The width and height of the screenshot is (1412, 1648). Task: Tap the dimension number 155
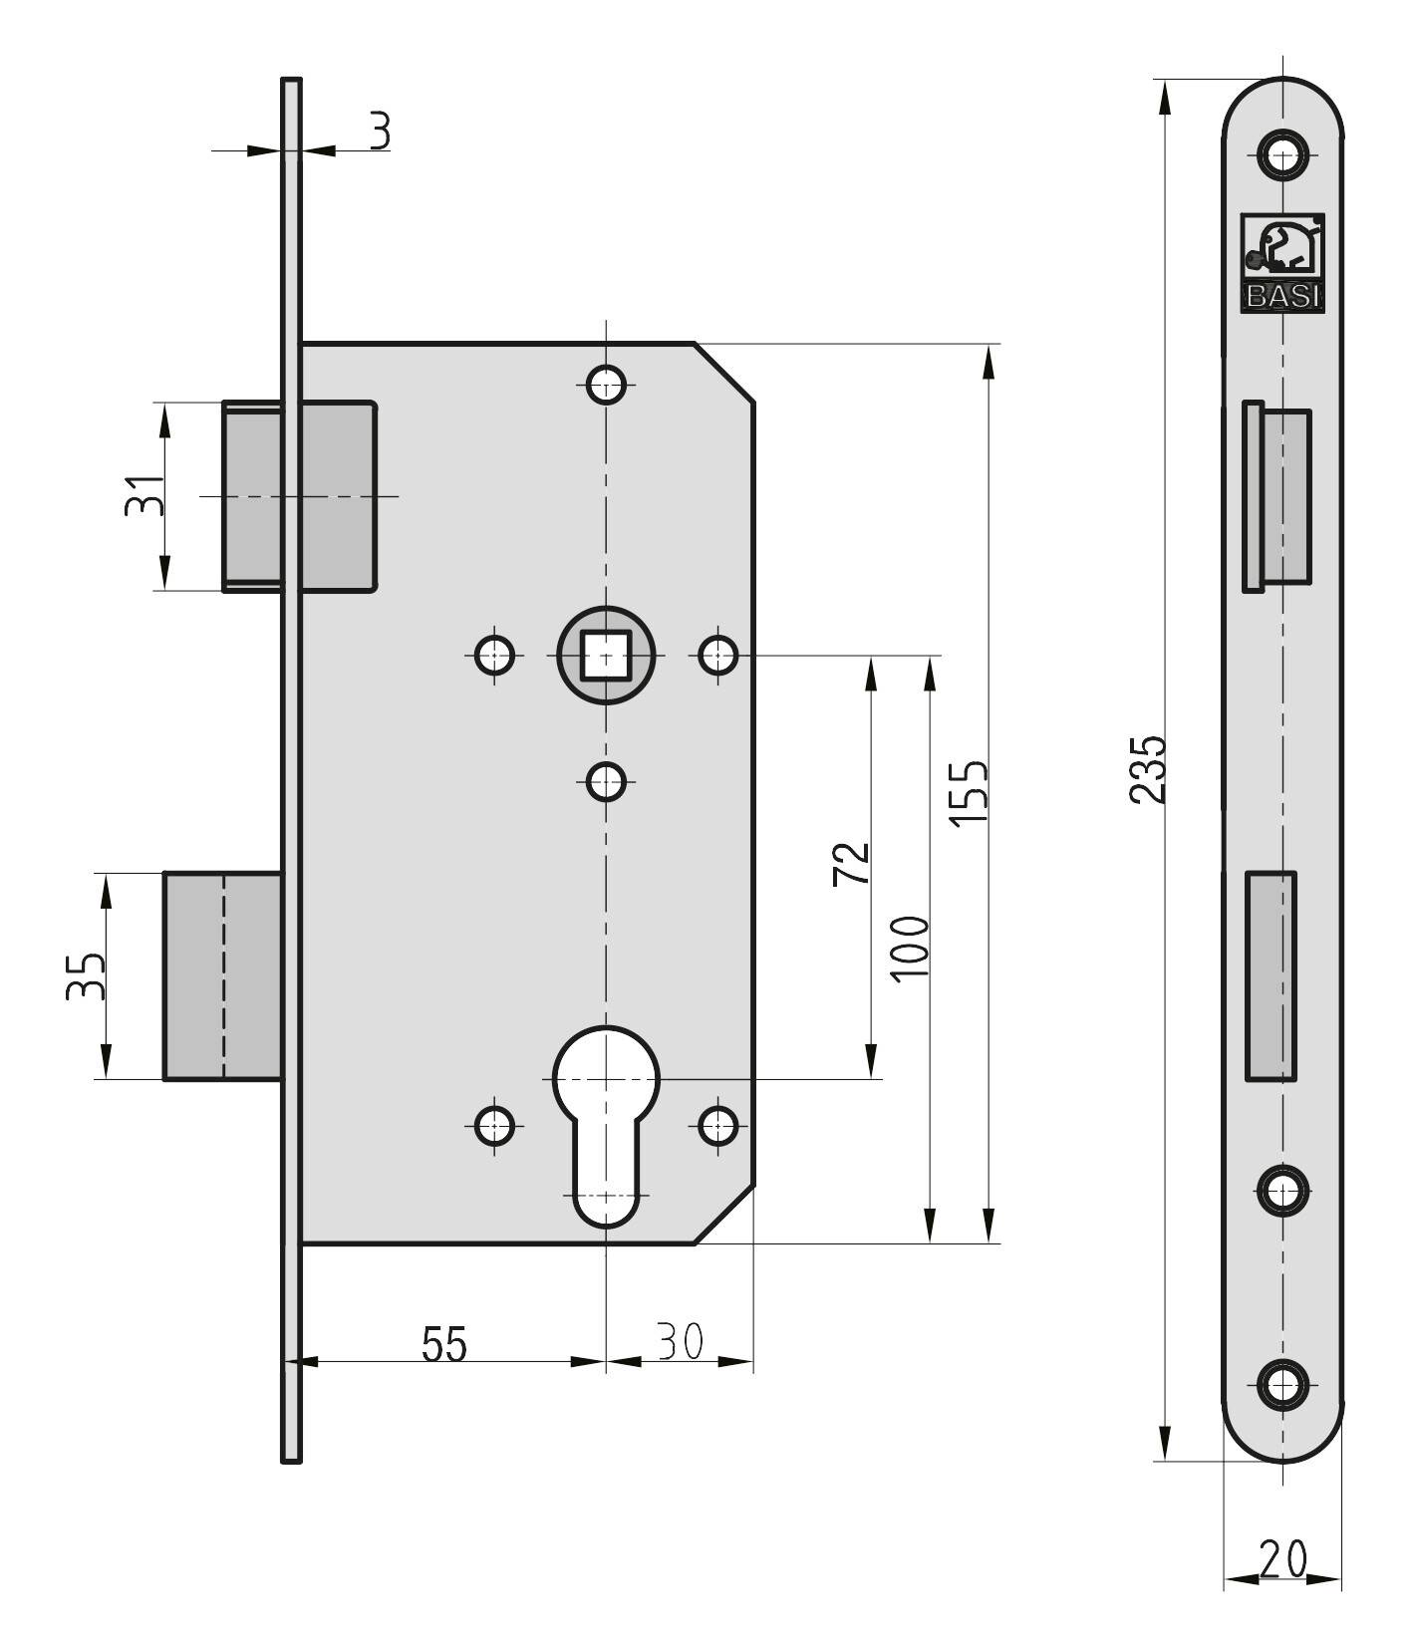(x=968, y=792)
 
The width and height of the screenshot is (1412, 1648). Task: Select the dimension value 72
(x=851, y=863)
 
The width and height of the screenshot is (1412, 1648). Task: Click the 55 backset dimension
(x=443, y=1344)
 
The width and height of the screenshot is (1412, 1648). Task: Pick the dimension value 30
(x=681, y=1341)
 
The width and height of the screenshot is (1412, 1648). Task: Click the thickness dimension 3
(x=380, y=131)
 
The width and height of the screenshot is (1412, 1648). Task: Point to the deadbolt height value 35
(x=85, y=974)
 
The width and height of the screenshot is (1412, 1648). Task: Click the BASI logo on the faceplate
(x=1281, y=263)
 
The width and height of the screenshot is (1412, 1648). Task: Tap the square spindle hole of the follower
(x=606, y=656)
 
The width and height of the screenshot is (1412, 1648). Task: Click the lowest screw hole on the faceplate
(x=1282, y=1385)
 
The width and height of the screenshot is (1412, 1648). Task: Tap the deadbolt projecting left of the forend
(x=221, y=975)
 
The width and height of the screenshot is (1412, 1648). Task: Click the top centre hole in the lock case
(x=606, y=383)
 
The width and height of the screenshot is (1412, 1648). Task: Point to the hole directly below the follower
(x=606, y=781)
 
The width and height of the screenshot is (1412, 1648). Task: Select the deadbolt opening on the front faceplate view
(x=1271, y=975)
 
